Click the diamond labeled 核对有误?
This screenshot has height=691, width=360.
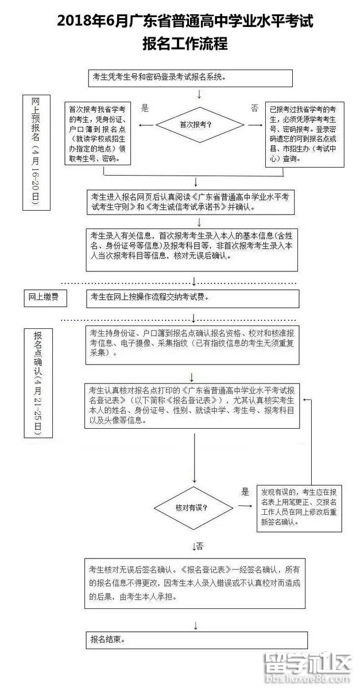196,507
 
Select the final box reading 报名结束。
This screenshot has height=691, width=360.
196,639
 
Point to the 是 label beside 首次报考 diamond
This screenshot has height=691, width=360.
145,107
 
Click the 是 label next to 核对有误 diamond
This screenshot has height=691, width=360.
245,491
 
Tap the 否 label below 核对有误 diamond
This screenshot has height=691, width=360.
199,545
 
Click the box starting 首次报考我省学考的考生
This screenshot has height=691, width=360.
98,134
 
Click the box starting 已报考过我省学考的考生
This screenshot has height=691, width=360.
304,134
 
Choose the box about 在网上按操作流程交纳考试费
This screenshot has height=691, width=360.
192,297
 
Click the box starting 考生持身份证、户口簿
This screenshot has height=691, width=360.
192,343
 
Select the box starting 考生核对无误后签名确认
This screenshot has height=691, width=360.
195,583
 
